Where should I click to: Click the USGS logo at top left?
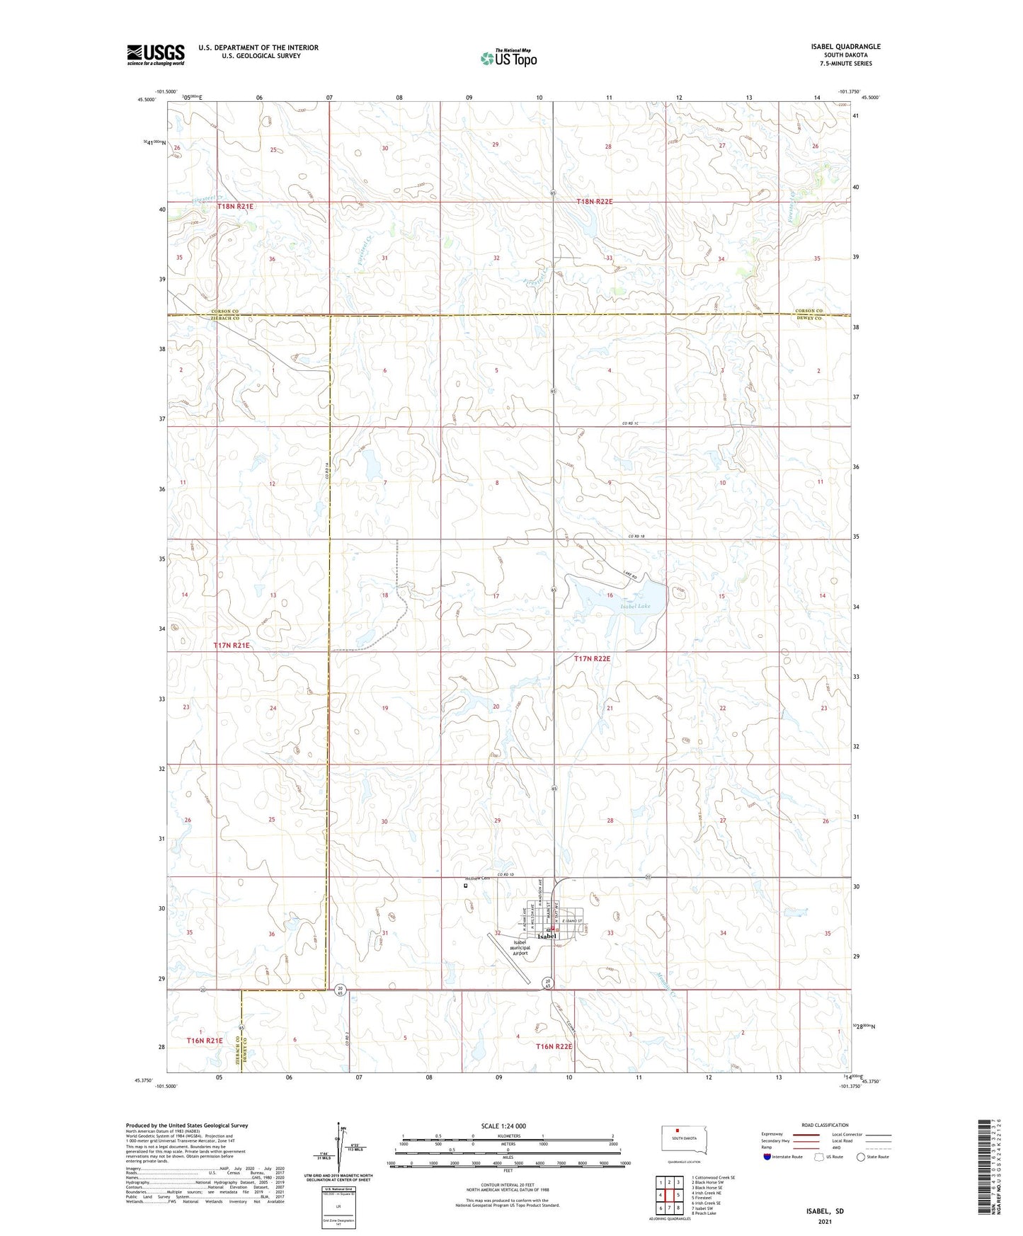156,55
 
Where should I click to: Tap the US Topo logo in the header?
509,58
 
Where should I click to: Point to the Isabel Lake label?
634,606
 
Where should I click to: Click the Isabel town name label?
547,937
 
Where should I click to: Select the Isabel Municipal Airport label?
520,948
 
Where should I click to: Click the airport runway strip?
511,959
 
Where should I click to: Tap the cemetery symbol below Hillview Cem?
466,885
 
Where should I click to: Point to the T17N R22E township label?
592,658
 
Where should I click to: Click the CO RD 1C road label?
631,423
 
